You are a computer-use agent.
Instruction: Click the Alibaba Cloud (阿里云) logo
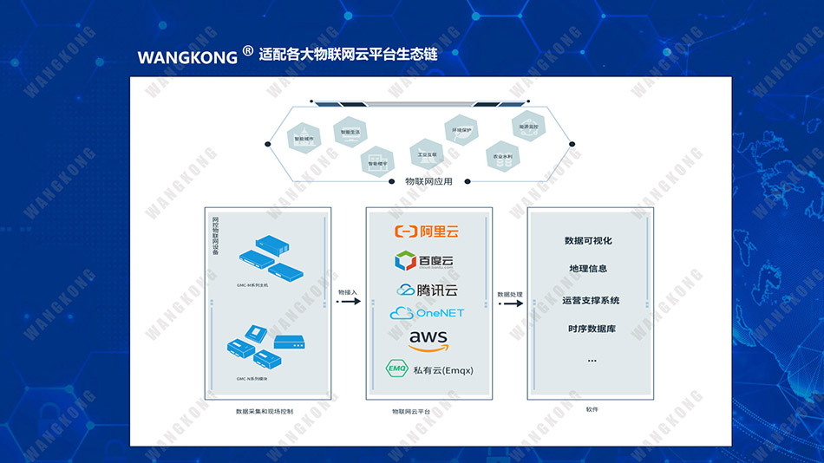(426, 231)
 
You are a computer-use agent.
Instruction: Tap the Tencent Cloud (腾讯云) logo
(426, 290)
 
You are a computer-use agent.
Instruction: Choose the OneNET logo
(428, 313)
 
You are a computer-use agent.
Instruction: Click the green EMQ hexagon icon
(397, 370)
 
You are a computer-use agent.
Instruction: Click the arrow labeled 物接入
(347, 302)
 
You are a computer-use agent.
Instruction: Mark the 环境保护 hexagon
(461, 130)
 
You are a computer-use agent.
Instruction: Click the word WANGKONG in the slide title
(187, 57)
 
